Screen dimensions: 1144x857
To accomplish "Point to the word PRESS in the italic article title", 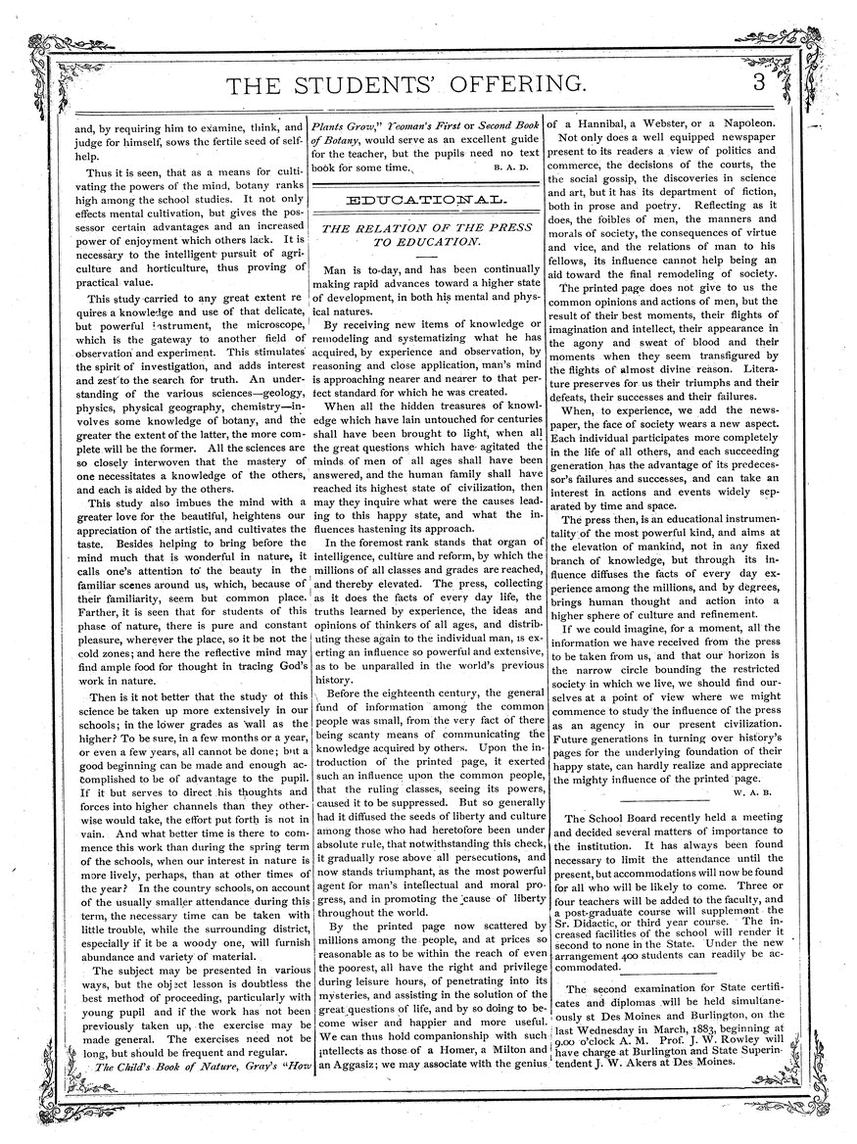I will (484, 228).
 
